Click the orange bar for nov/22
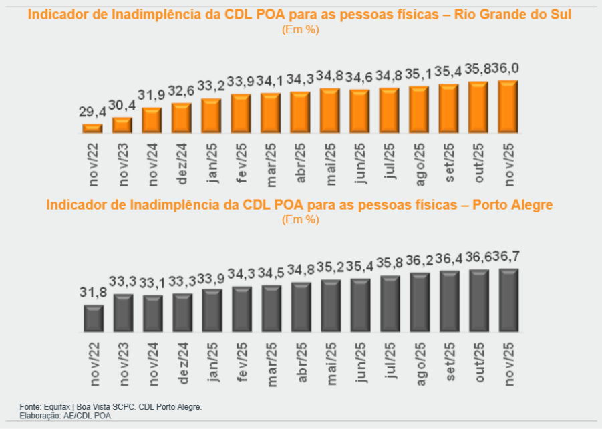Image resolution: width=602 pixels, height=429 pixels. coord(92,128)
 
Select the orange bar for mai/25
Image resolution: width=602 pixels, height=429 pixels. coord(330,110)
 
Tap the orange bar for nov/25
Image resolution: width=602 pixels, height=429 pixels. coord(508,106)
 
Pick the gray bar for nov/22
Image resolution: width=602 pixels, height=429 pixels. coord(94,318)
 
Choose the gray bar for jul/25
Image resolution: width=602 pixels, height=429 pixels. coord(390,303)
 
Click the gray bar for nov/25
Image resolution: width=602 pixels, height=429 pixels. coord(508,300)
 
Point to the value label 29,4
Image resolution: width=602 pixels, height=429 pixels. coord(92,114)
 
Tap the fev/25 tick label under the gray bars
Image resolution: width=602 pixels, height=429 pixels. coord(242,362)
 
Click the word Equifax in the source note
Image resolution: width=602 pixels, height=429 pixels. coord(57,406)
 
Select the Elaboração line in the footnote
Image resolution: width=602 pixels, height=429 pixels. coord(66,415)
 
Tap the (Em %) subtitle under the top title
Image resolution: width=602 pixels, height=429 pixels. coord(300,29)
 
